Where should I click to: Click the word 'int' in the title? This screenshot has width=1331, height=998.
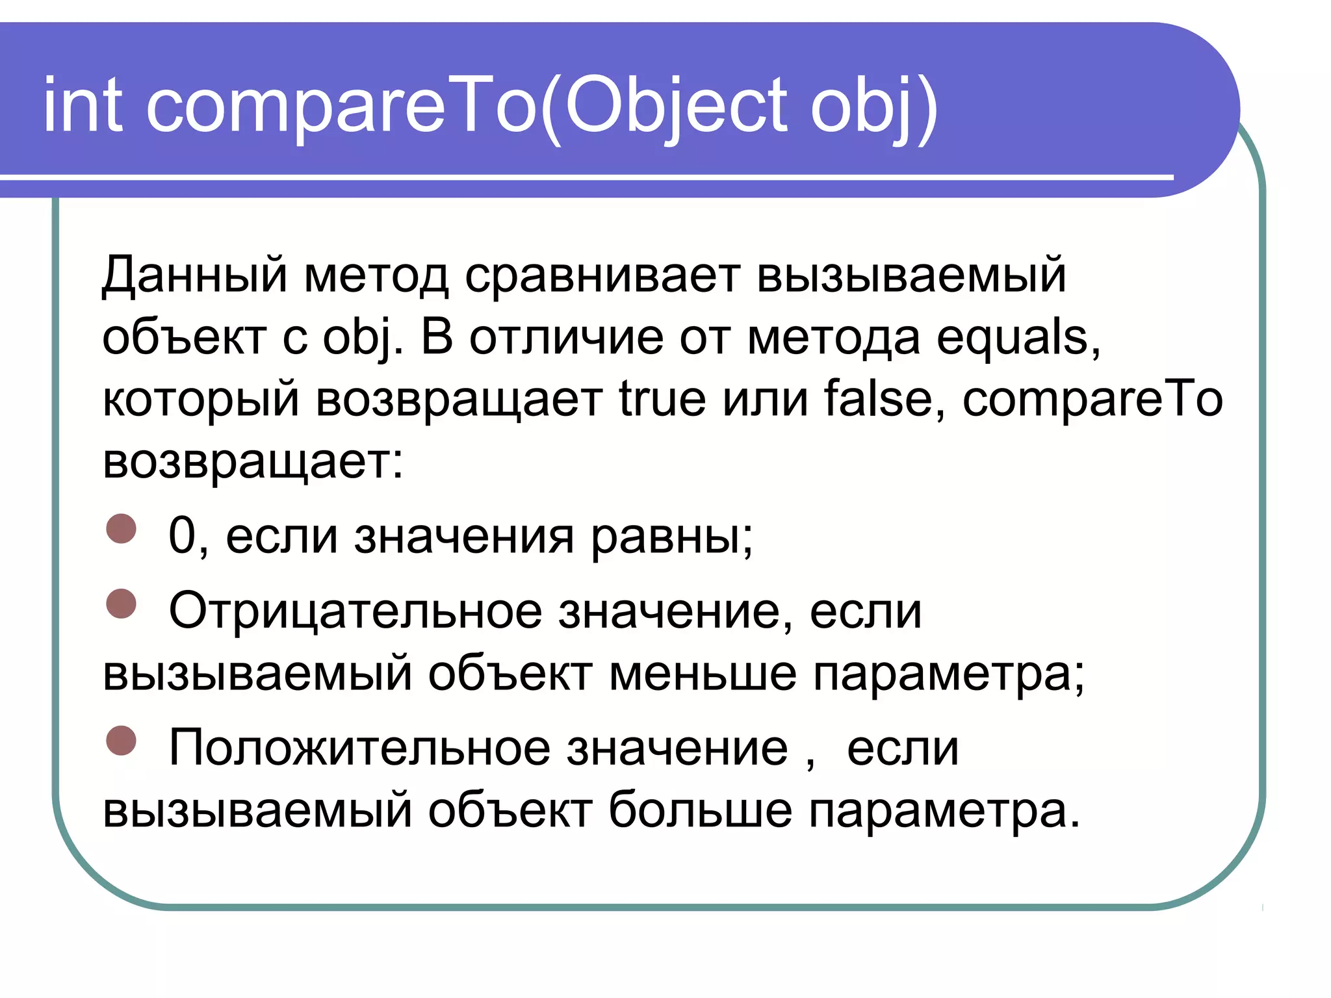coord(83,105)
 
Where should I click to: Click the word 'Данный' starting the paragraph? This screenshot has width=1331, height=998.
coord(194,275)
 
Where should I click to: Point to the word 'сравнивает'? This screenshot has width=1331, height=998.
coord(602,275)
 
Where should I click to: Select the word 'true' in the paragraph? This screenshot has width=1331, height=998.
coord(662,399)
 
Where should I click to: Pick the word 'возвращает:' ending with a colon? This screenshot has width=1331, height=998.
coord(253,461)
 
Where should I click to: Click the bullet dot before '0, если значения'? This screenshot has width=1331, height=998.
coord(121,528)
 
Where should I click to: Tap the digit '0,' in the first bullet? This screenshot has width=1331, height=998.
coord(187,537)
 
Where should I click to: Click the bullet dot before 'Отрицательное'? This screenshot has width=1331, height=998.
coord(121,604)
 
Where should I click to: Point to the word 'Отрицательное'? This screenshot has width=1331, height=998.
coord(355,612)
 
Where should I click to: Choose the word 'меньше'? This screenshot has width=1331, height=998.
coord(702,673)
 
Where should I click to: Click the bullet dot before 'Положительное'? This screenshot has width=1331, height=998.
coord(121,741)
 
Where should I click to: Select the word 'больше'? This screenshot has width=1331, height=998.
coord(700,810)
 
